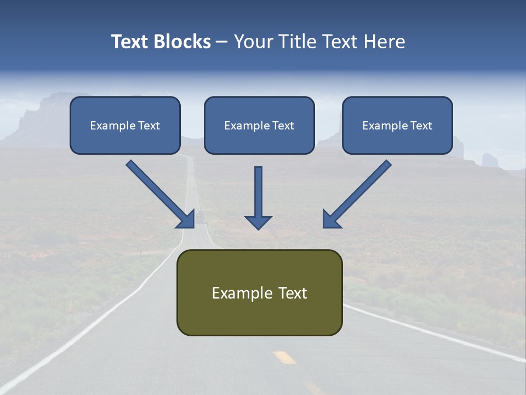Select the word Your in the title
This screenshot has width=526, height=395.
click(253, 42)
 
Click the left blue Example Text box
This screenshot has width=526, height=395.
click(125, 125)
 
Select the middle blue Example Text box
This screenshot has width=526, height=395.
click(259, 125)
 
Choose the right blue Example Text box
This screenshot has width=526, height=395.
click(397, 125)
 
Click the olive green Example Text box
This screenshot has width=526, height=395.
click(259, 292)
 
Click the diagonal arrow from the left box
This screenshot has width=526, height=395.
click(159, 193)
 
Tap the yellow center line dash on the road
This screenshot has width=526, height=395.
click(284, 357)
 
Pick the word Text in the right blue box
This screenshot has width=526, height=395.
click(421, 125)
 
